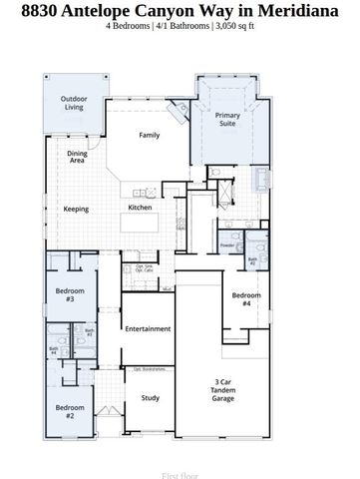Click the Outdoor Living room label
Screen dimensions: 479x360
click(x=73, y=103)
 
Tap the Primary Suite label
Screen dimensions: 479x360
click(x=228, y=121)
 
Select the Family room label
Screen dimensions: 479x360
click(x=150, y=135)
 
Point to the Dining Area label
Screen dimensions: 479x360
click(x=78, y=156)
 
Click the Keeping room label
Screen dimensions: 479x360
click(x=76, y=209)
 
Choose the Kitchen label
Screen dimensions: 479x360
click(x=140, y=208)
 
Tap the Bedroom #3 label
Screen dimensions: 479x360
click(x=70, y=294)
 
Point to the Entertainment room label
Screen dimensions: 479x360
click(x=148, y=328)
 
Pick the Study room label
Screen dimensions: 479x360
click(x=150, y=398)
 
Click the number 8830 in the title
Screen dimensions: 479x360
click(x=42, y=9)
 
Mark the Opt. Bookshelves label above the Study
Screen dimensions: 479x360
click(x=149, y=369)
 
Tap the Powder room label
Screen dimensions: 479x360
click(x=227, y=244)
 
